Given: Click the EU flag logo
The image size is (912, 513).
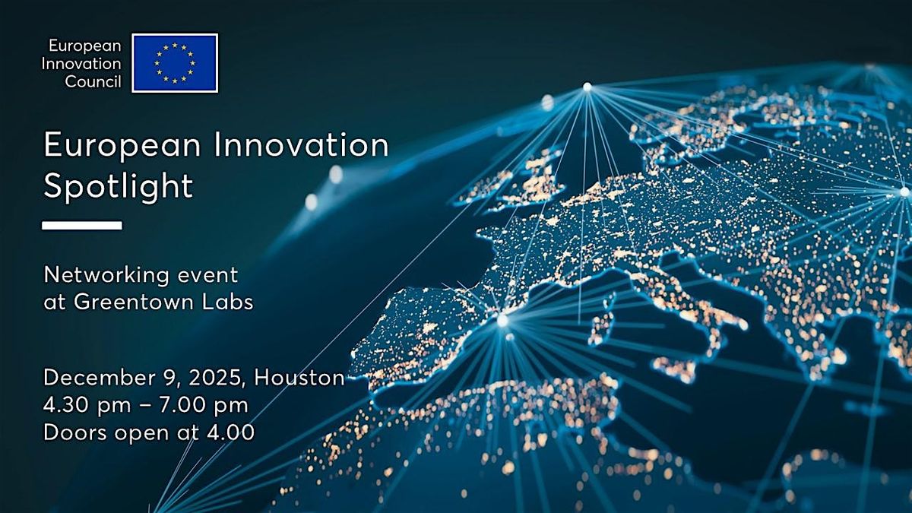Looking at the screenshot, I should (175, 63).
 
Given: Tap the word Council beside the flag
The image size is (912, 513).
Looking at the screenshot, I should (93, 82).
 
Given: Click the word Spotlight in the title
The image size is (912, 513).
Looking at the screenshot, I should (118, 185).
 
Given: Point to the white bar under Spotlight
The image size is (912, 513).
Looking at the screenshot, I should (82, 225).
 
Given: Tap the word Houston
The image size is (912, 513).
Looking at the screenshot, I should (299, 378).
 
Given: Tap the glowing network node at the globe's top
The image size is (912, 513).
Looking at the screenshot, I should (587, 87).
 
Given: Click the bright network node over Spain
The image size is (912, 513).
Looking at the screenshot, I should (502, 321).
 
